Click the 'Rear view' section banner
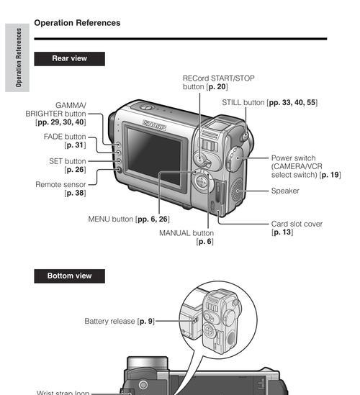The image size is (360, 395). coord(70,59)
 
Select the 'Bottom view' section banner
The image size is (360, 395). coord(70,276)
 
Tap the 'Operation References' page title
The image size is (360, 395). coord(77,23)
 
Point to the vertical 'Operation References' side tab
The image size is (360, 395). coord(17,58)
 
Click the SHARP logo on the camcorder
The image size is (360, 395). coord(155,125)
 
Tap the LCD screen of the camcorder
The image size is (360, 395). coord(154,155)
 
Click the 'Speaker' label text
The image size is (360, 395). coord(285,191)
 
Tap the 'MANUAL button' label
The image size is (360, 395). coord(186,233)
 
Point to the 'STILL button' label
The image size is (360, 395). coord(243,103)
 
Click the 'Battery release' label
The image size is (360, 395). coord(109,322)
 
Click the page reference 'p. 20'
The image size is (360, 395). coord(217,86)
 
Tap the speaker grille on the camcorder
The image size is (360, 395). coord(237,190)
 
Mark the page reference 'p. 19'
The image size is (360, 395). coord(330,175)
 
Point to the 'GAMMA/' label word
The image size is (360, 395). coord(71,105)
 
